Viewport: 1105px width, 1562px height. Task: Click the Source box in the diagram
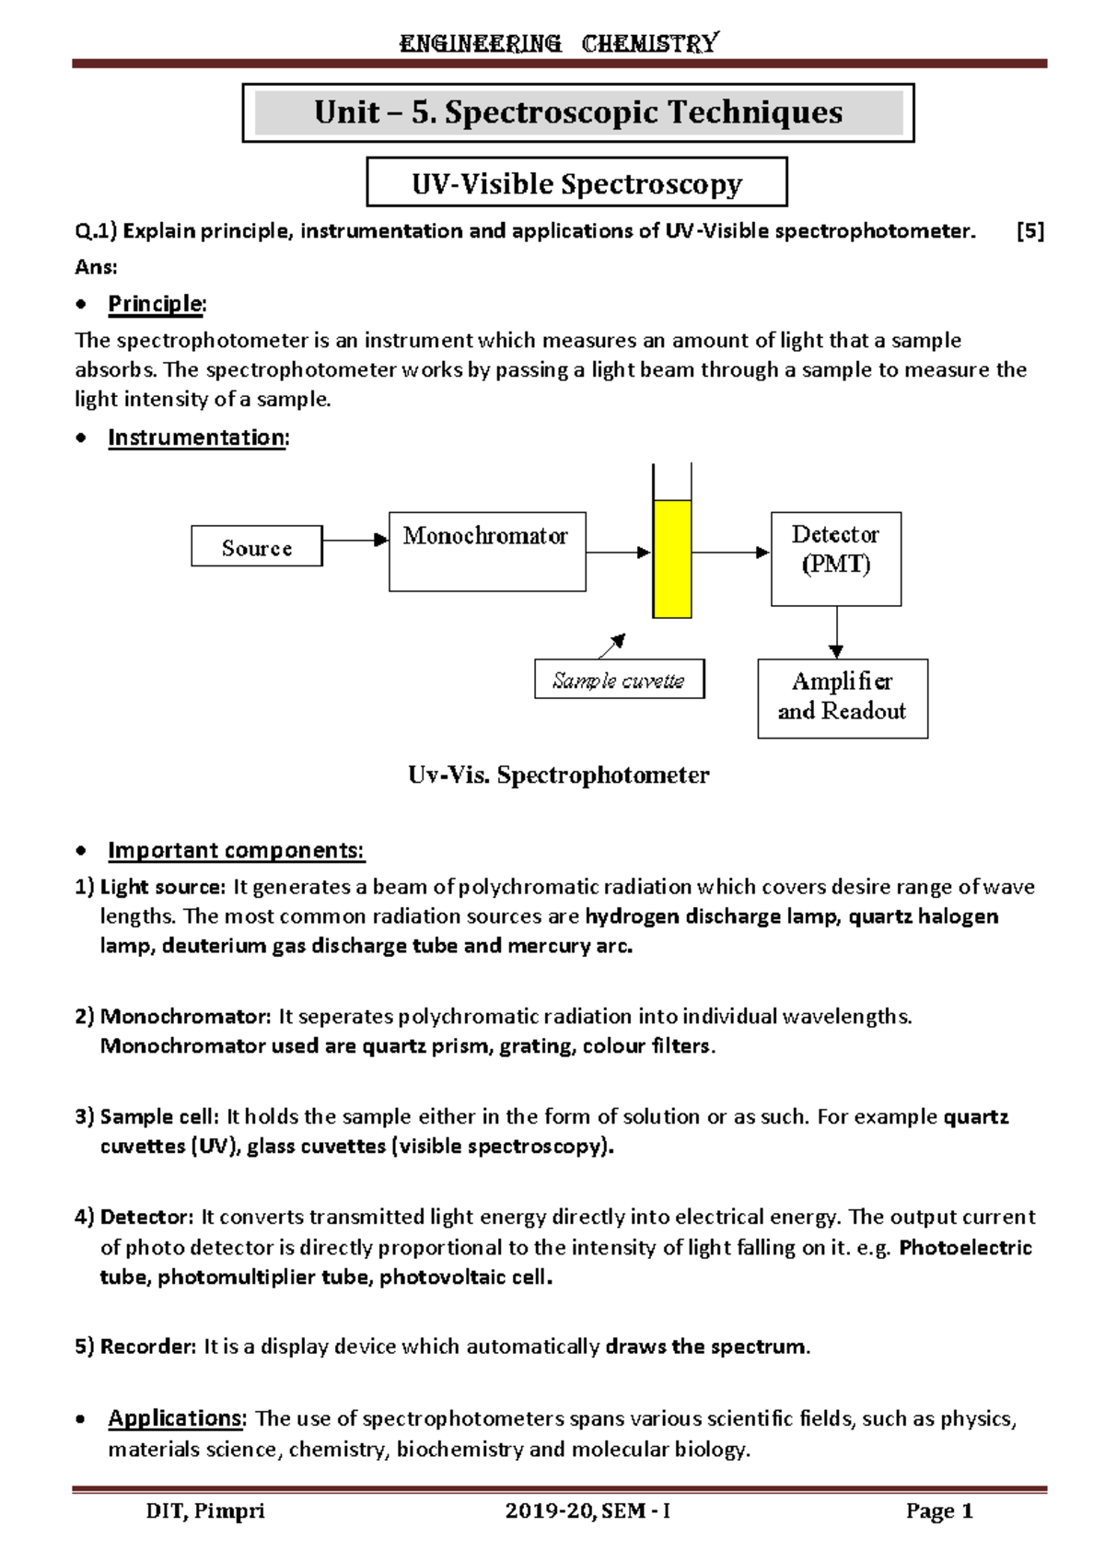pyautogui.click(x=256, y=547)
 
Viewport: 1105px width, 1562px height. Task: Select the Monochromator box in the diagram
pyautogui.click(x=487, y=551)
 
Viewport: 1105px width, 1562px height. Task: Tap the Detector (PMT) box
pyautogui.click(x=835, y=558)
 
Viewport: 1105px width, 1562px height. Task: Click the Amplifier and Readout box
pyautogui.click(x=842, y=698)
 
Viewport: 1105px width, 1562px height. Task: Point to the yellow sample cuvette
pyautogui.click(x=671, y=559)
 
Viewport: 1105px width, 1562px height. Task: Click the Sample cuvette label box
pyautogui.click(x=619, y=680)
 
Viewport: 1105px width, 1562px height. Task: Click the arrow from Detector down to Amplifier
pyautogui.click(x=836, y=632)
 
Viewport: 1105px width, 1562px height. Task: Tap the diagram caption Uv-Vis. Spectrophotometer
pyautogui.click(x=558, y=775)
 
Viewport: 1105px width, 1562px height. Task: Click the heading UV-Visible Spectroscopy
pyautogui.click(x=576, y=183)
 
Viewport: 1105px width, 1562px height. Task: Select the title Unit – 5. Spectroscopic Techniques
pyautogui.click(x=577, y=112)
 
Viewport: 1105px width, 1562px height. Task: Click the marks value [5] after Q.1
pyautogui.click(x=1029, y=231)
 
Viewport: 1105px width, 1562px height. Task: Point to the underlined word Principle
pyautogui.click(x=155, y=303)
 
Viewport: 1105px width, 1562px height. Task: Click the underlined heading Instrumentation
pyautogui.click(x=196, y=437)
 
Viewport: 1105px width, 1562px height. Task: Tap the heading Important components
pyautogui.click(x=236, y=850)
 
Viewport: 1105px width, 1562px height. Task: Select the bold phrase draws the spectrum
pyautogui.click(x=705, y=1346)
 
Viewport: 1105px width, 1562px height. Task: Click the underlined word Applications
pyautogui.click(x=176, y=1417)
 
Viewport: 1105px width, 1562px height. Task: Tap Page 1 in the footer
pyautogui.click(x=939, y=1511)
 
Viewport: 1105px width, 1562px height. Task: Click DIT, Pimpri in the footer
pyautogui.click(x=205, y=1511)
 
